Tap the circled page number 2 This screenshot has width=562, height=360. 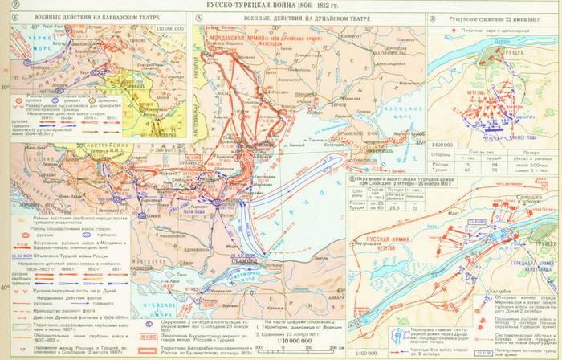pyautogui.click(x=6, y=6)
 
